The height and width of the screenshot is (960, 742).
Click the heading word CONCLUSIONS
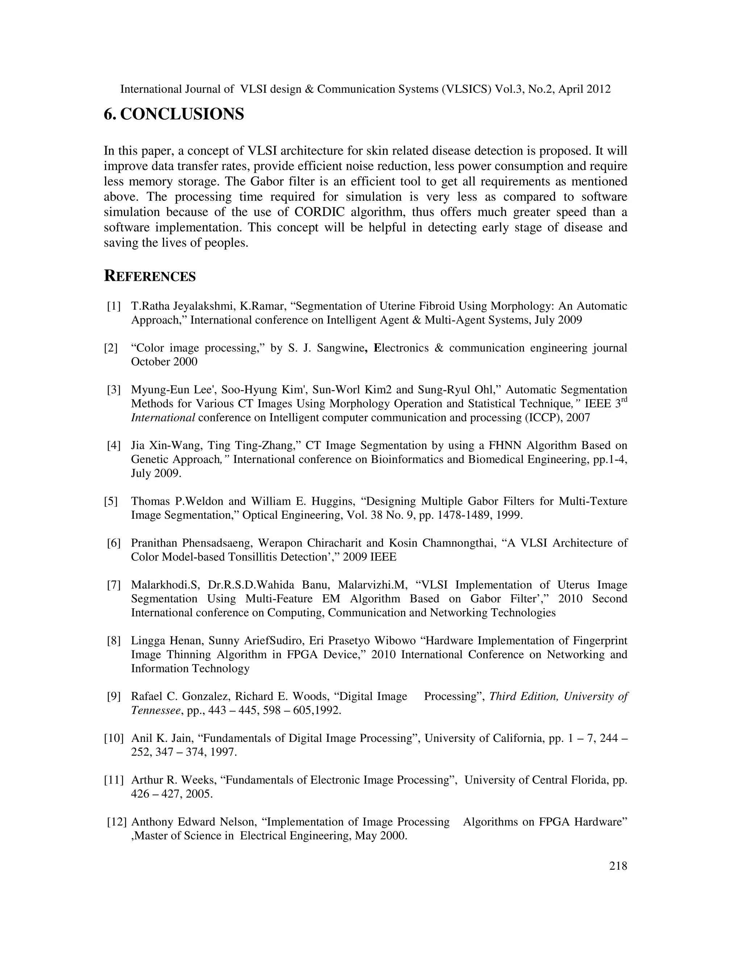coord(182,114)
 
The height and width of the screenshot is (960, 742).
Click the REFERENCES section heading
coord(150,276)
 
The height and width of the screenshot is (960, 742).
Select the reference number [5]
coord(111,501)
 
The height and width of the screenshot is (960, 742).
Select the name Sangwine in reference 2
coord(339,348)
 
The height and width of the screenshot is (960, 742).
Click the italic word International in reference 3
coord(163,418)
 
